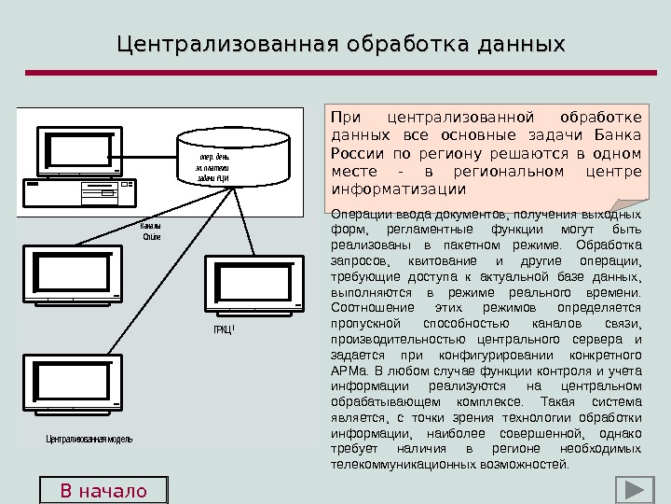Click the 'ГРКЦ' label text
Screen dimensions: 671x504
(222, 329)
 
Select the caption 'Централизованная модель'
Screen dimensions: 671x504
(89, 439)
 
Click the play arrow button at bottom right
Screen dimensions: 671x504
(633, 491)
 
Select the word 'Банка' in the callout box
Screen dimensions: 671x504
(619, 135)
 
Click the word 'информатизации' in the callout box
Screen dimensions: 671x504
(398, 189)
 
